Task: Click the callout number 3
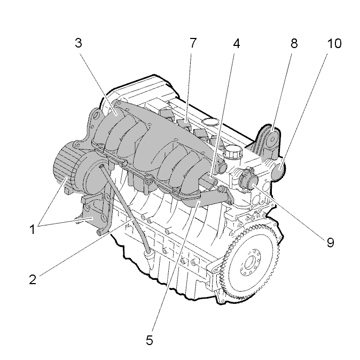point(79,43)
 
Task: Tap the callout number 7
point(193,43)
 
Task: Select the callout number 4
point(237,43)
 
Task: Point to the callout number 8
point(294,43)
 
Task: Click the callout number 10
point(334,43)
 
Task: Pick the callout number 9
point(330,242)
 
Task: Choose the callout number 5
point(150,340)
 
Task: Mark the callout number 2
point(33,279)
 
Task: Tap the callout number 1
point(33,229)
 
